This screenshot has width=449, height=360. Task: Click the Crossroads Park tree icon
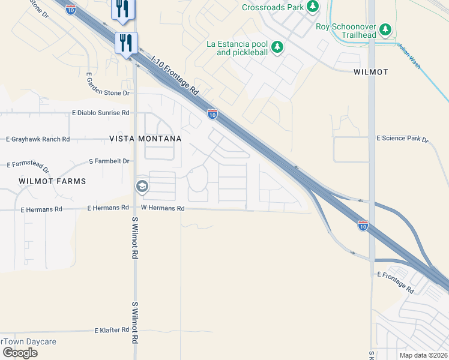312,7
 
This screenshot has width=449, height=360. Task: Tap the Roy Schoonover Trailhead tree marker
385,29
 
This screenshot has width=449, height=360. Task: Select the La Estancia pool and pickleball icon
277,47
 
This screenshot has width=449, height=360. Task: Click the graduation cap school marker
142,187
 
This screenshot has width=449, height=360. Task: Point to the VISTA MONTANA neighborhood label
145,139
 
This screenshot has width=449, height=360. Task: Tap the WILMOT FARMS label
52,181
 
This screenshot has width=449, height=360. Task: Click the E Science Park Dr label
402,139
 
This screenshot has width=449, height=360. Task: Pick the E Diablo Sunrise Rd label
101,113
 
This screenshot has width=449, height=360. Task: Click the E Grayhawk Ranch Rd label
38,139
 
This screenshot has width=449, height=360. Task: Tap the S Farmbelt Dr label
109,161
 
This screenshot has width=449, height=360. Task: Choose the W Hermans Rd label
162,208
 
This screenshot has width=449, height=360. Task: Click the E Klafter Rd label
112,330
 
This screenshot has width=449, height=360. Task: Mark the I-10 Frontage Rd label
175,76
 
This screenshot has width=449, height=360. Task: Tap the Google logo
20,352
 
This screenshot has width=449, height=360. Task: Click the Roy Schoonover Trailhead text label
345,31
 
